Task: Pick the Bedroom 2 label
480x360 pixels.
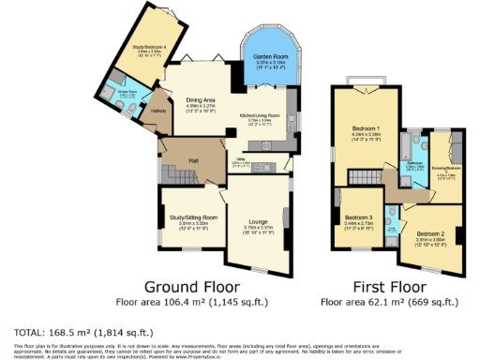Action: coord(429,232)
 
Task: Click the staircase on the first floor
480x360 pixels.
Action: coord(369,177)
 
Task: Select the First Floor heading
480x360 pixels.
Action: coord(389,286)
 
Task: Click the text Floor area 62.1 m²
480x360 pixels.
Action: coord(389,303)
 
